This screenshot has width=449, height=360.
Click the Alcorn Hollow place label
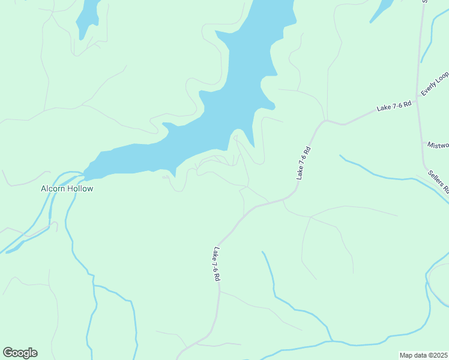click(67, 188)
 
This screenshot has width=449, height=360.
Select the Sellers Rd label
click(439, 181)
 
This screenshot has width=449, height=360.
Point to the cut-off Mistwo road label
click(438, 145)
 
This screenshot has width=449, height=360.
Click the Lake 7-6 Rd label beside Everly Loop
click(394, 107)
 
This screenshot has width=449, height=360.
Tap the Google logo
click(20, 353)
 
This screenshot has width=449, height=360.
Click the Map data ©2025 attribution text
click(424, 355)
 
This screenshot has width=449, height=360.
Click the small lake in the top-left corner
click(88, 17)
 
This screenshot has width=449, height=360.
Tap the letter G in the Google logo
click(8, 353)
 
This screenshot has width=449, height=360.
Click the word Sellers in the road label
click(436, 178)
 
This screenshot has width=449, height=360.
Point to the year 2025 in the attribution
click(441, 355)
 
